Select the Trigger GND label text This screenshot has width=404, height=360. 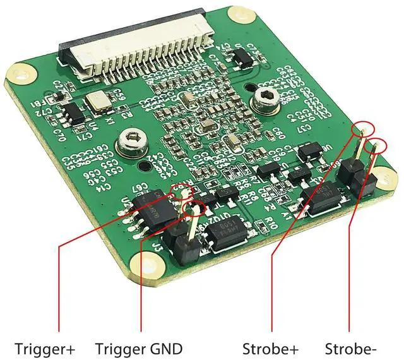[x=139, y=348]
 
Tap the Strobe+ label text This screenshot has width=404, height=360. [x=270, y=348]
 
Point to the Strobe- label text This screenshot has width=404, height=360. [x=351, y=348]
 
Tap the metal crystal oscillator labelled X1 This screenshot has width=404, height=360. [x=98, y=101]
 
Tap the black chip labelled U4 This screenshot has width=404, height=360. [x=74, y=113]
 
